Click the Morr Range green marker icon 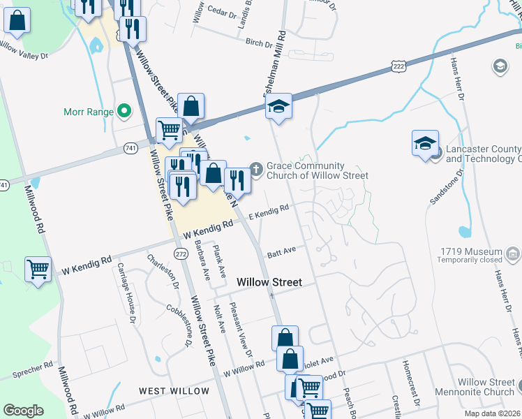point(124,110)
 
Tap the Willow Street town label point(269,282)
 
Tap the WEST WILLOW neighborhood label point(174,391)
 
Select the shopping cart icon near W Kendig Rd point(38,267)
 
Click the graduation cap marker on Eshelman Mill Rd point(278,107)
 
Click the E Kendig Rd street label point(269,210)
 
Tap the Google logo point(23,410)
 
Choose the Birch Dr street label point(258,43)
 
